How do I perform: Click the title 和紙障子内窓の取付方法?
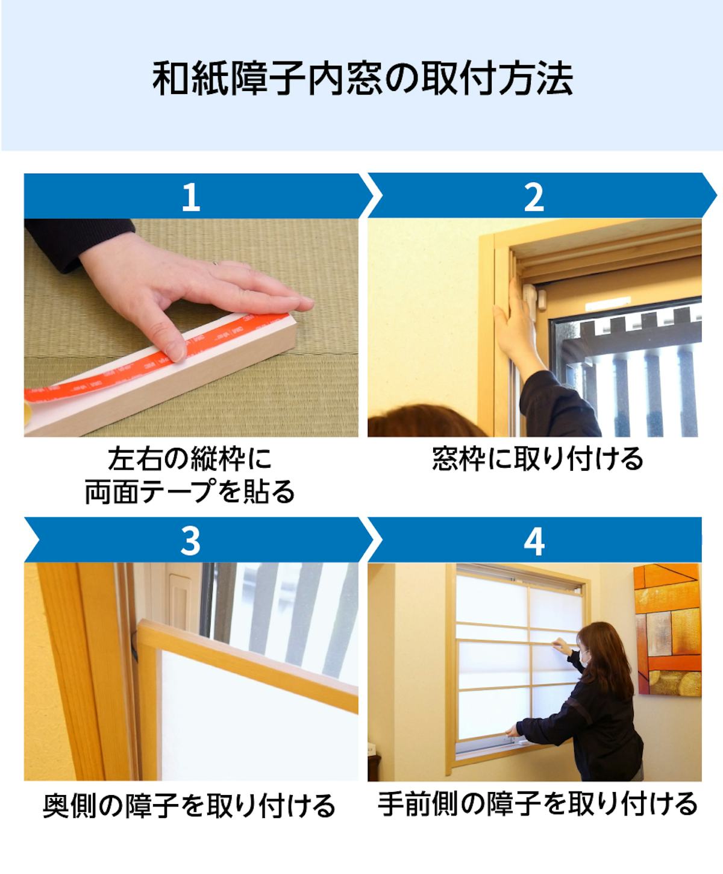[362, 78]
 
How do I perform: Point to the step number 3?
[190, 542]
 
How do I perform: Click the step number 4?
[534, 542]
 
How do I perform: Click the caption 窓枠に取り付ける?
[537, 459]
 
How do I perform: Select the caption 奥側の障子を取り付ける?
[189, 804]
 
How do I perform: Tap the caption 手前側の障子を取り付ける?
[537, 803]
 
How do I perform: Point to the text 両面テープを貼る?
[190, 491]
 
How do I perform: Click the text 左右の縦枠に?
[190, 459]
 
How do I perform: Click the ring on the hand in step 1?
[216, 263]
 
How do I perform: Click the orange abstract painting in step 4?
[668, 630]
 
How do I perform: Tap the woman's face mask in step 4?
[584, 658]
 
